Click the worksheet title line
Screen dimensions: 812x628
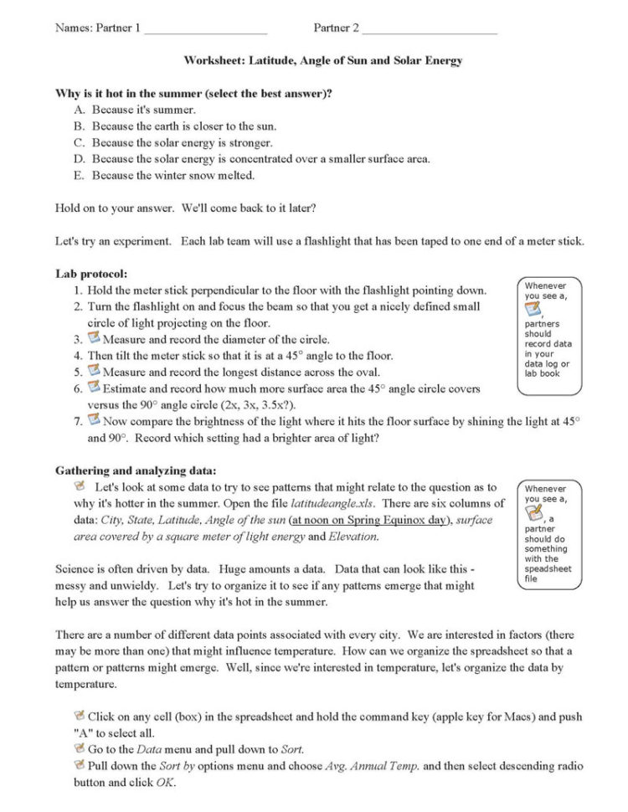click(323, 61)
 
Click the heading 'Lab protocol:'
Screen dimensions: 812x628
click(91, 274)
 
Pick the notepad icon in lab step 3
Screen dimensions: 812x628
click(94, 338)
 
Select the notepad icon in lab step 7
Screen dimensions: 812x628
click(94, 420)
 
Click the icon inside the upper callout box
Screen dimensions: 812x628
click(533, 310)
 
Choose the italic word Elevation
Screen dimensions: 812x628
click(353, 537)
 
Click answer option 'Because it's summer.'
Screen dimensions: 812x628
click(144, 110)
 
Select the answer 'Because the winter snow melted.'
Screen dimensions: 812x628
click(173, 175)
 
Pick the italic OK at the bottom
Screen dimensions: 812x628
click(165, 783)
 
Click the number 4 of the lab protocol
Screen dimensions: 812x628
click(77, 356)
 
